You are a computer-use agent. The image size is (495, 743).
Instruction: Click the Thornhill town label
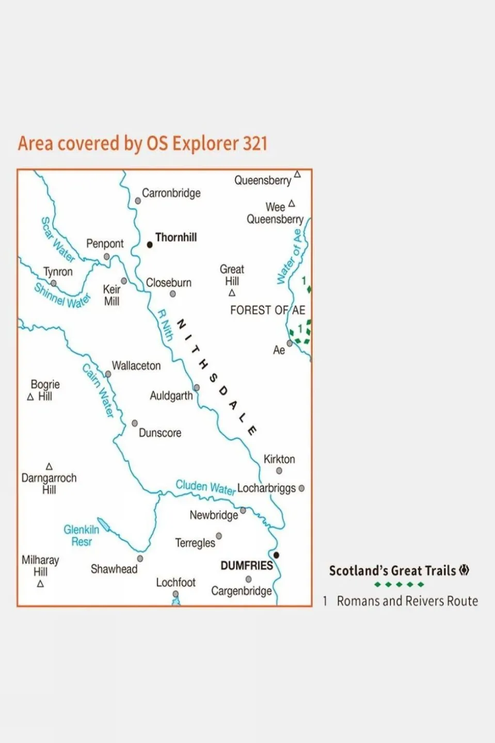click(x=176, y=238)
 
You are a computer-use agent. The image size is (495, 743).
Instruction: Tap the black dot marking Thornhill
click(x=150, y=245)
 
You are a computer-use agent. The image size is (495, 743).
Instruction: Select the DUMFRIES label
click(x=247, y=565)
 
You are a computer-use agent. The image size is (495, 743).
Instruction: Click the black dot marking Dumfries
click(x=276, y=555)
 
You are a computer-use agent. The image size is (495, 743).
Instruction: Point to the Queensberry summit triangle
click(x=297, y=175)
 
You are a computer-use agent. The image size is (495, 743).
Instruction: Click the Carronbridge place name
click(x=171, y=193)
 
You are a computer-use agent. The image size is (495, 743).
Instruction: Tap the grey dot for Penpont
click(x=106, y=257)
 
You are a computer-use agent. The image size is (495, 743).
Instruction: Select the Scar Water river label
click(x=57, y=240)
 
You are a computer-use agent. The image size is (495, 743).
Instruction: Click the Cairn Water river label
click(x=98, y=390)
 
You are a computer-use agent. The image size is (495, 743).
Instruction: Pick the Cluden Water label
click(x=205, y=487)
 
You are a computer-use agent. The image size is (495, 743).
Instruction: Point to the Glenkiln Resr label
click(x=81, y=535)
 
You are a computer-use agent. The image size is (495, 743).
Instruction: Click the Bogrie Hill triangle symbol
click(x=30, y=397)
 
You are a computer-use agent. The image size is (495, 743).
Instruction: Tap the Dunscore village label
click(x=160, y=433)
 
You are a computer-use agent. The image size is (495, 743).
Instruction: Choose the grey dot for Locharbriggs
click(x=301, y=488)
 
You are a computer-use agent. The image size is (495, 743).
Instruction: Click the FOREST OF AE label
click(x=267, y=310)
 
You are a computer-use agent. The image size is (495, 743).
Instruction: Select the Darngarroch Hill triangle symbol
click(x=49, y=467)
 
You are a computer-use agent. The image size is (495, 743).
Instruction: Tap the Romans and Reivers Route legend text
click(x=407, y=601)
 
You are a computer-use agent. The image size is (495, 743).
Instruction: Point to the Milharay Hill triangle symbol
click(x=40, y=584)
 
